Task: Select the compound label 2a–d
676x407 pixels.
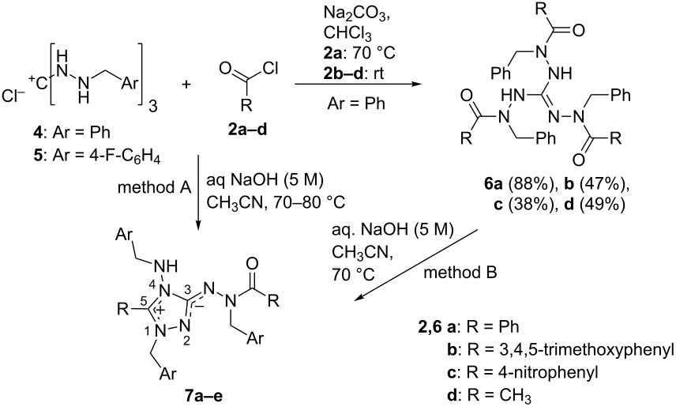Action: (247, 129)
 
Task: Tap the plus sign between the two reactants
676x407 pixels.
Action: (186, 84)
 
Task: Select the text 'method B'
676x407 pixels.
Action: (460, 273)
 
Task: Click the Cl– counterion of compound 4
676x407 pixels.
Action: (14, 97)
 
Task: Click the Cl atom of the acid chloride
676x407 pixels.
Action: (270, 68)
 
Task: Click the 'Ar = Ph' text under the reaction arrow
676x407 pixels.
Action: (355, 104)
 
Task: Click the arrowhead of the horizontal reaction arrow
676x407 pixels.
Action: (415, 84)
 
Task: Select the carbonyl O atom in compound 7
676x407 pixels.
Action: (253, 263)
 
